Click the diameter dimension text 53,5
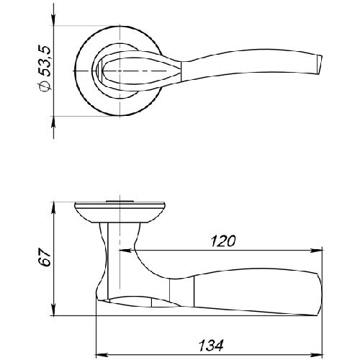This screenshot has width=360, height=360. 45,61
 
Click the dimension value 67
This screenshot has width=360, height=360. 45,257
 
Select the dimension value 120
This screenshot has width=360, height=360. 223,241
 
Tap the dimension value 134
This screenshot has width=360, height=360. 211,346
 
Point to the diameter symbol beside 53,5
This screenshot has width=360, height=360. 45,86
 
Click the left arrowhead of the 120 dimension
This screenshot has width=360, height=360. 125,251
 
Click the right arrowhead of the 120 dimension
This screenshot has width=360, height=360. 317,251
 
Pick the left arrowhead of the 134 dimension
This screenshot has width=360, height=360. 102,355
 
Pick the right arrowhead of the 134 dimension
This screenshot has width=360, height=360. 317,355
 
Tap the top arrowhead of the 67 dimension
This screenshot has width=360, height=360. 54,208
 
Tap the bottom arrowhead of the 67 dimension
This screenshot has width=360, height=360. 54,310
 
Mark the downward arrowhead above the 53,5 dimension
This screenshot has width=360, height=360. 54,19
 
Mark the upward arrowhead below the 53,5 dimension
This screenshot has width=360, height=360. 54,122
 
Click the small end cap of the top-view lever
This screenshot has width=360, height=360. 319,64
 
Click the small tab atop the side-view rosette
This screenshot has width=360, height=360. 120,201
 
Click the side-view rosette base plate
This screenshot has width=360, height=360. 120,212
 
